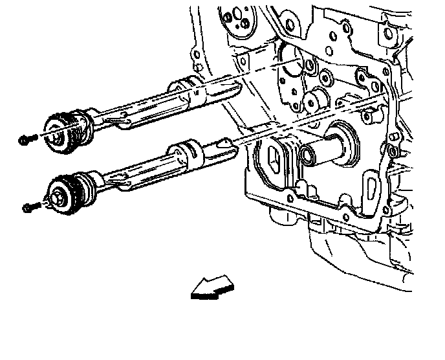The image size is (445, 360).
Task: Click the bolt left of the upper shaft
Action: tap(26, 139)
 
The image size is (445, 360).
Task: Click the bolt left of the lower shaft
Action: tap(30, 207)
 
